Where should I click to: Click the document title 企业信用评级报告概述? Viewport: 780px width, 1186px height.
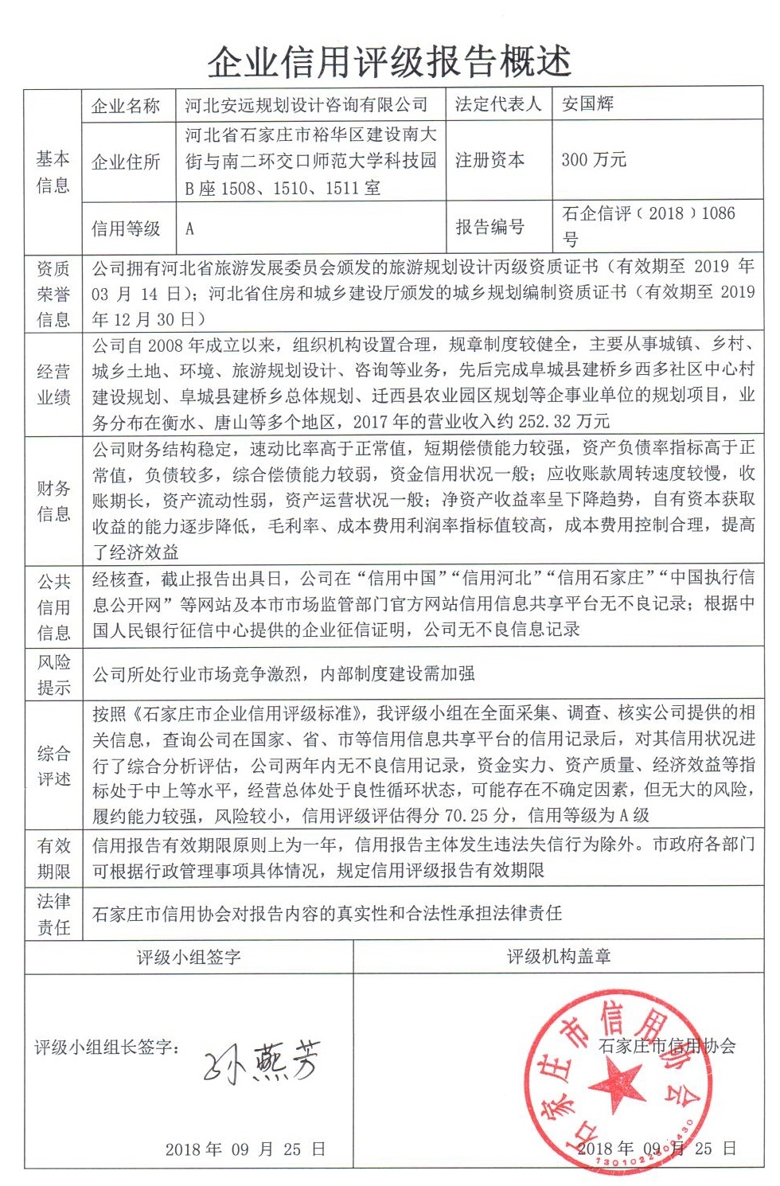tap(389, 61)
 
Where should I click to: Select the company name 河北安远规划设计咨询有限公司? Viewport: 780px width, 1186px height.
tap(306, 105)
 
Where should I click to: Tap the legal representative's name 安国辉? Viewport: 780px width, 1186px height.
tap(587, 104)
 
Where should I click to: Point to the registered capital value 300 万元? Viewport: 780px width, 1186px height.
tap(594, 160)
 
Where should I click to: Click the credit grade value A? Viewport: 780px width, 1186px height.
tap(189, 229)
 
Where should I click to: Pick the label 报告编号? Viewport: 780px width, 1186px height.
tap(489, 228)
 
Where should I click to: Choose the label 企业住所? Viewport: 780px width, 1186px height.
tap(126, 162)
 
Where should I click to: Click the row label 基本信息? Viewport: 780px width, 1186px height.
tap(53, 172)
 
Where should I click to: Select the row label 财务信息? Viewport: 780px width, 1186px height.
tap(53, 501)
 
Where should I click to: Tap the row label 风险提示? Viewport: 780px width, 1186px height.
tap(53, 674)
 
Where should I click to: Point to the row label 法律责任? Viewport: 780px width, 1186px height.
tap(53, 914)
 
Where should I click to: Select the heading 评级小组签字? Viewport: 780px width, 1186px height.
tap(189, 957)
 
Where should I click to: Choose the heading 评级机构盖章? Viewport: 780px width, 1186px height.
tap(559, 957)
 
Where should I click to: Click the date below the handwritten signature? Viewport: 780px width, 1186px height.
tap(245, 1149)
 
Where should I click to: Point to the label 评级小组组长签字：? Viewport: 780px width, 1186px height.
tap(107, 1048)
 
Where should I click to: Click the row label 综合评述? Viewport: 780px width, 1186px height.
tap(53, 766)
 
